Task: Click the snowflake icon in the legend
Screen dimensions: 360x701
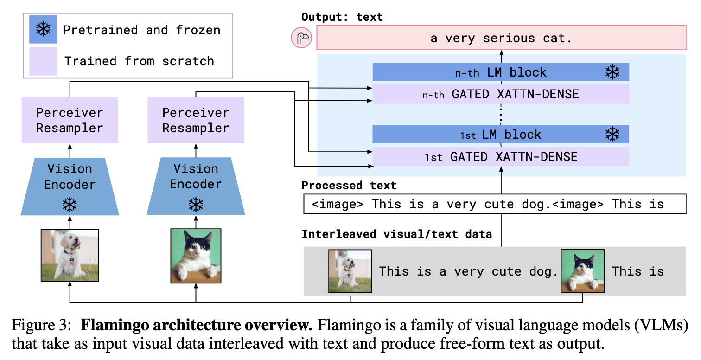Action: pyautogui.click(x=43, y=30)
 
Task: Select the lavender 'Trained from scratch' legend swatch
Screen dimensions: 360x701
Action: pyautogui.click(x=43, y=61)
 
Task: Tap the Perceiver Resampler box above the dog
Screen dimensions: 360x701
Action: pyautogui.click(x=70, y=120)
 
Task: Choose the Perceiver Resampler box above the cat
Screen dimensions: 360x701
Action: pyautogui.click(x=196, y=120)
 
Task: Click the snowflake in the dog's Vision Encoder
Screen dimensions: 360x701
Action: pyautogui.click(x=70, y=205)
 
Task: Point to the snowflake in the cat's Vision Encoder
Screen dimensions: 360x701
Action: pyautogui.click(x=196, y=205)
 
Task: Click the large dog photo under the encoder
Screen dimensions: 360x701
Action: pyautogui.click(x=70, y=255)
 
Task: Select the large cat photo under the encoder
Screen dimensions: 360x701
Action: pyautogui.click(x=196, y=255)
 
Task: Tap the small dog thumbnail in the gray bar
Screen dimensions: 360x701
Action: pyautogui.click(x=350, y=271)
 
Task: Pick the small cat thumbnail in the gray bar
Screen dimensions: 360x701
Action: pyautogui.click(x=582, y=271)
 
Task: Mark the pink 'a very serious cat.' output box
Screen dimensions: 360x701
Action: pyautogui.click(x=501, y=38)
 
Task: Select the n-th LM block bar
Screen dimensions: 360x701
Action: pyautogui.click(x=501, y=72)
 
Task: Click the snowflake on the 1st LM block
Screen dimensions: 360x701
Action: pyautogui.click(x=612, y=135)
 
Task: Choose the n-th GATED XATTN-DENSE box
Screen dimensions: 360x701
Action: pyautogui.click(x=501, y=94)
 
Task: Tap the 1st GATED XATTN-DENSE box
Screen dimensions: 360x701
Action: pyautogui.click(x=501, y=157)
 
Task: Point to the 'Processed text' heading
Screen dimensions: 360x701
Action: pyautogui.click(x=349, y=186)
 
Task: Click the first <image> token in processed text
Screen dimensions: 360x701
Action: pyautogui.click(x=338, y=204)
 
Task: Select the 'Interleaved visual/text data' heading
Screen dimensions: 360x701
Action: pyautogui.click(x=396, y=234)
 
